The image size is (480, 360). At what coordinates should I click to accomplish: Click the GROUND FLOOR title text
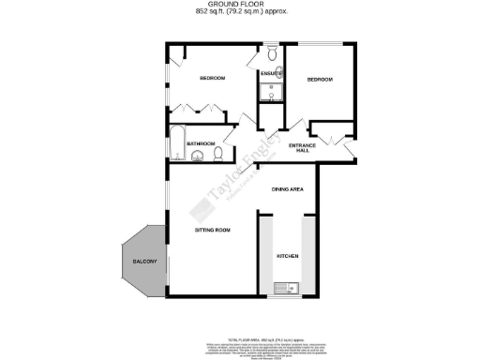(240, 5)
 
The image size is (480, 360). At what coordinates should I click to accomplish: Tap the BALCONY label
(143, 260)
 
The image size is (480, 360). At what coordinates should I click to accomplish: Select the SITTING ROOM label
(213, 230)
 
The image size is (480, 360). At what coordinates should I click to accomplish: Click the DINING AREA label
(286, 189)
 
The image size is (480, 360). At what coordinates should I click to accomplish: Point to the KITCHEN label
(286, 255)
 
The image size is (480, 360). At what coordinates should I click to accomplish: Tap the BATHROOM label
(201, 143)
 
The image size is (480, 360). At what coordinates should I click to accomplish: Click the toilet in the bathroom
(217, 153)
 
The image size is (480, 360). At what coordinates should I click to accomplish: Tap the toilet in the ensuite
(270, 54)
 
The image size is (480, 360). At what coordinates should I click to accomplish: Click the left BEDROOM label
(212, 78)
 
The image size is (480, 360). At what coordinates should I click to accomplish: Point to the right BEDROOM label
(320, 81)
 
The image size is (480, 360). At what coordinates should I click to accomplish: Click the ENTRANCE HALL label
(300, 147)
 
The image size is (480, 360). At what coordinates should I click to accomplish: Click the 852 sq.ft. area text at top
(240, 12)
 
